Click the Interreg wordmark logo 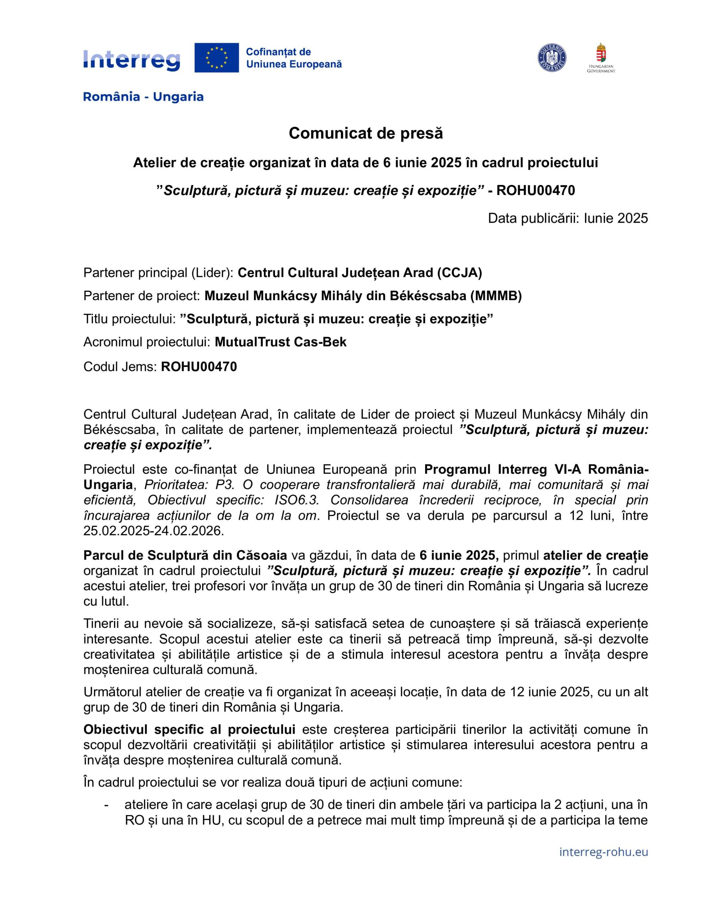(x=132, y=60)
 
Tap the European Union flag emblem (x=216, y=58)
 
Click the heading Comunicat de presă (x=366, y=133)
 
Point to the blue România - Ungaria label (x=143, y=97)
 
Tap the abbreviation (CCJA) (x=460, y=273)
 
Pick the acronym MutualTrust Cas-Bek (x=280, y=342)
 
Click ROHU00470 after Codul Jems (x=199, y=366)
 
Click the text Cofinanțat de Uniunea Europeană (x=293, y=58)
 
